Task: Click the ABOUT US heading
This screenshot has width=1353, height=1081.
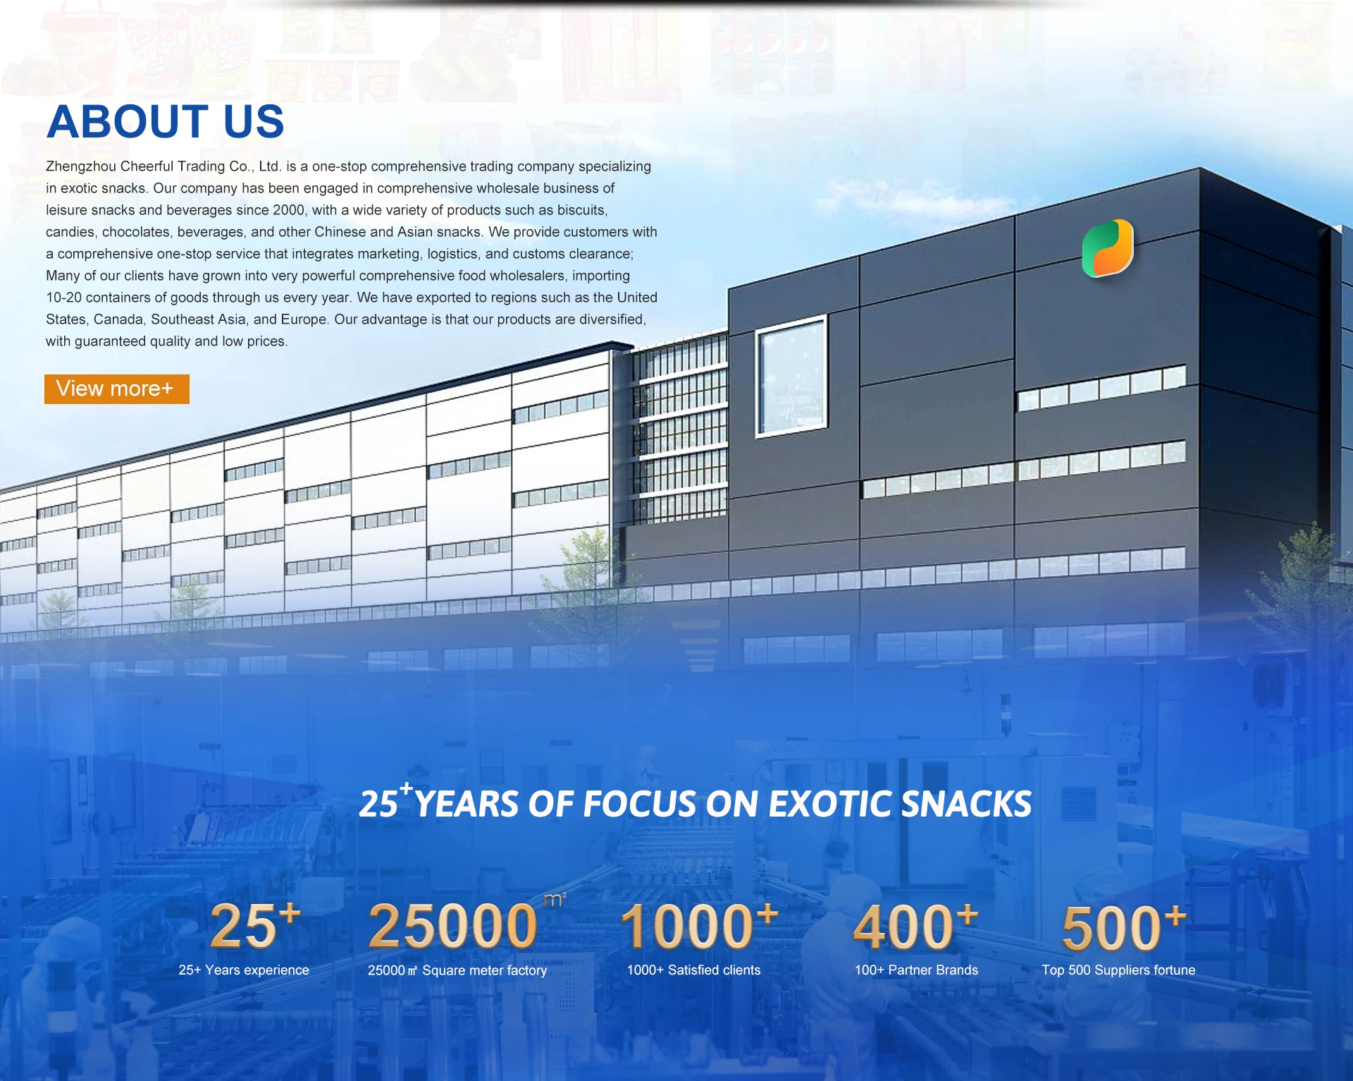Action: pos(166,121)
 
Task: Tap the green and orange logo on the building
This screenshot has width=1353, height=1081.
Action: pos(1108,248)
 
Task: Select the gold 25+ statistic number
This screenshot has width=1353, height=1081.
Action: pos(255,924)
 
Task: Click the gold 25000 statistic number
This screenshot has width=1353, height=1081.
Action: pos(453,926)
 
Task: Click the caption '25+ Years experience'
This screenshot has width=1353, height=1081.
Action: pos(244,970)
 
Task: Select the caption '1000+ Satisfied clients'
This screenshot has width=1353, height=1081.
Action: pos(694,970)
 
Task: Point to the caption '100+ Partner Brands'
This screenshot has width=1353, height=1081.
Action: pos(916,970)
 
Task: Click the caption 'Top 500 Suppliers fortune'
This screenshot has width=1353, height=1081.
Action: pos(1118,970)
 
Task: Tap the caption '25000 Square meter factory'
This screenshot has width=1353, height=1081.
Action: pos(457,970)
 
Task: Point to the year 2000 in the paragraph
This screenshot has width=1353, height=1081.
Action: pos(289,210)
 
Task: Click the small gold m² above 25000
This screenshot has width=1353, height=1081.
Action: pos(555,899)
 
